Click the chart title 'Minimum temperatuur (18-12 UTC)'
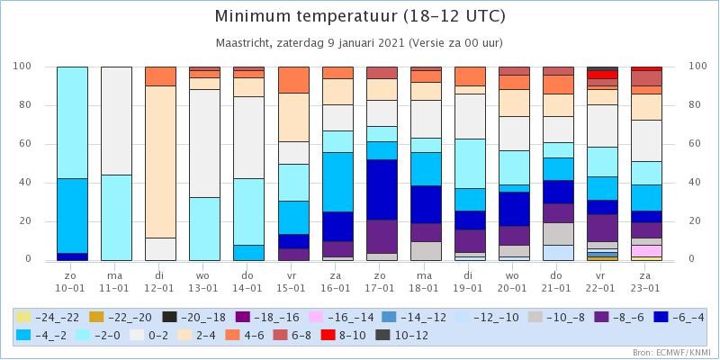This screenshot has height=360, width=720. click(x=360, y=17)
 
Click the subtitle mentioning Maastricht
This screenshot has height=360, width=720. click(x=359, y=43)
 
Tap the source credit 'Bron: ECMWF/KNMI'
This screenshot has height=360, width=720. click(x=673, y=353)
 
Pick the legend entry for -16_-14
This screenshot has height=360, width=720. click(x=346, y=318)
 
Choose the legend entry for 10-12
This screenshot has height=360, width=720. click(x=401, y=336)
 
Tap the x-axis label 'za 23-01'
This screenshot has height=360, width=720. click(x=646, y=282)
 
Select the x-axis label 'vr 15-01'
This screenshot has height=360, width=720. click(x=293, y=282)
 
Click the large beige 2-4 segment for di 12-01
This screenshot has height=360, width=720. click(x=161, y=162)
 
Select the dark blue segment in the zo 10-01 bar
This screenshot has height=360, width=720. click(x=73, y=256)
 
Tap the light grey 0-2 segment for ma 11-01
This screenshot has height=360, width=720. click(x=117, y=121)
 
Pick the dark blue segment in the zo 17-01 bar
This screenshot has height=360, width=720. click(x=382, y=190)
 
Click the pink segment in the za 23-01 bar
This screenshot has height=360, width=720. click(x=646, y=251)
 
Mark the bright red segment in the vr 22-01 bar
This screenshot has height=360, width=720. click(x=602, y=75)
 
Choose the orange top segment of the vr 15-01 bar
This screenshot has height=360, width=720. click(x=293, y=80)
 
